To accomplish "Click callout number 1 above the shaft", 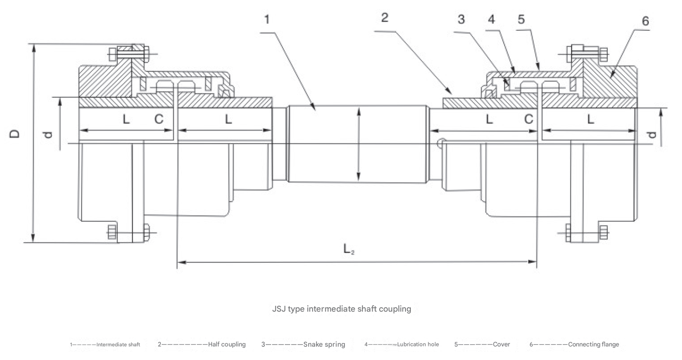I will [x=267, y=20].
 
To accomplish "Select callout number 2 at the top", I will [x=384, y=18].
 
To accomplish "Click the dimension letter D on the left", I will [x=16, y=133].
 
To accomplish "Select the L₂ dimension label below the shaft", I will [x=349, y=250].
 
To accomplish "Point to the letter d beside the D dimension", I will [x=47, y=134].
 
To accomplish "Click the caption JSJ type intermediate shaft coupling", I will [x=341, y=309].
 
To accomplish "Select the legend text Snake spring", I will [x=324, y=344].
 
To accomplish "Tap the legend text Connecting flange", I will [x=593, y=344].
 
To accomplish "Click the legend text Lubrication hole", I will [x=418, y=344].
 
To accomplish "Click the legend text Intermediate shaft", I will [x=118, y=345].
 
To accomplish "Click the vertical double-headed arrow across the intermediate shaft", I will [x=359, y=145].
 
